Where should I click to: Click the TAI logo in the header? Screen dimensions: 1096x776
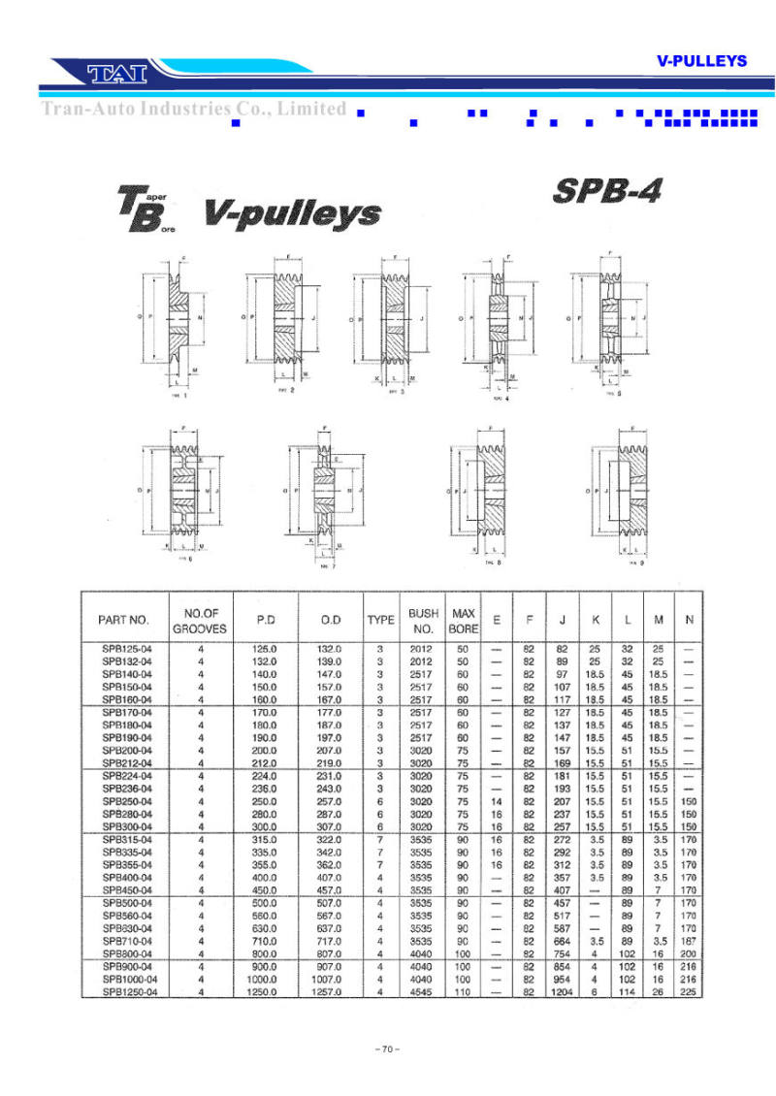point(115,72)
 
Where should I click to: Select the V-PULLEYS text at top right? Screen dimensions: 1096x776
point(701,60)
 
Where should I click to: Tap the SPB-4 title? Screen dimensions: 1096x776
point(607,190)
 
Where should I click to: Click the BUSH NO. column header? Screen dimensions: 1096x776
point(423,621)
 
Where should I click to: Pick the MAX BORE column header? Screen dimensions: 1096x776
point(464,621)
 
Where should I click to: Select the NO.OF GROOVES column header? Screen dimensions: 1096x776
point(200,621)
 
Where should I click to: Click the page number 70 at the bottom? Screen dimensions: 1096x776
point(387,1048)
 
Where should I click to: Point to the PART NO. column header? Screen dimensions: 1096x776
point(123,620)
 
